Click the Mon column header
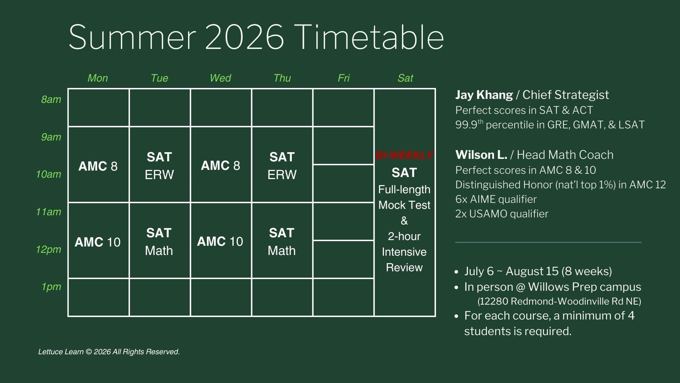(x=98, y=78)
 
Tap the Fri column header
(x=344, y=78)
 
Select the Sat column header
(x=405, y=78)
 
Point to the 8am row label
(x=51, y=99)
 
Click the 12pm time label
(x=49, y=249)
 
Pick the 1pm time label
(x=51, y=287)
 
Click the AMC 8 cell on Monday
(x=98, y=165)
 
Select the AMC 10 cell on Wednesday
(x=221, y=240)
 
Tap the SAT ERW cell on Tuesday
(x=159, y=165)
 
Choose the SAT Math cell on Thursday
(x=282, y=240)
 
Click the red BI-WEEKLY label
(x=404, y=155)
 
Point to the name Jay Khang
(x=484, y=95)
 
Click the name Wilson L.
(x=481, y=155)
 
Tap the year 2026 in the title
(x=244, y=37)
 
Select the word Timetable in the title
(x=369, y=37)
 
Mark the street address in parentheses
(x=559, y=301)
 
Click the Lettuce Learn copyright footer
(x=109, y=352)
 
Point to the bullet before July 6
(x=457, y=272)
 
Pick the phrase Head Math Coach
(x=565, y=155)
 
